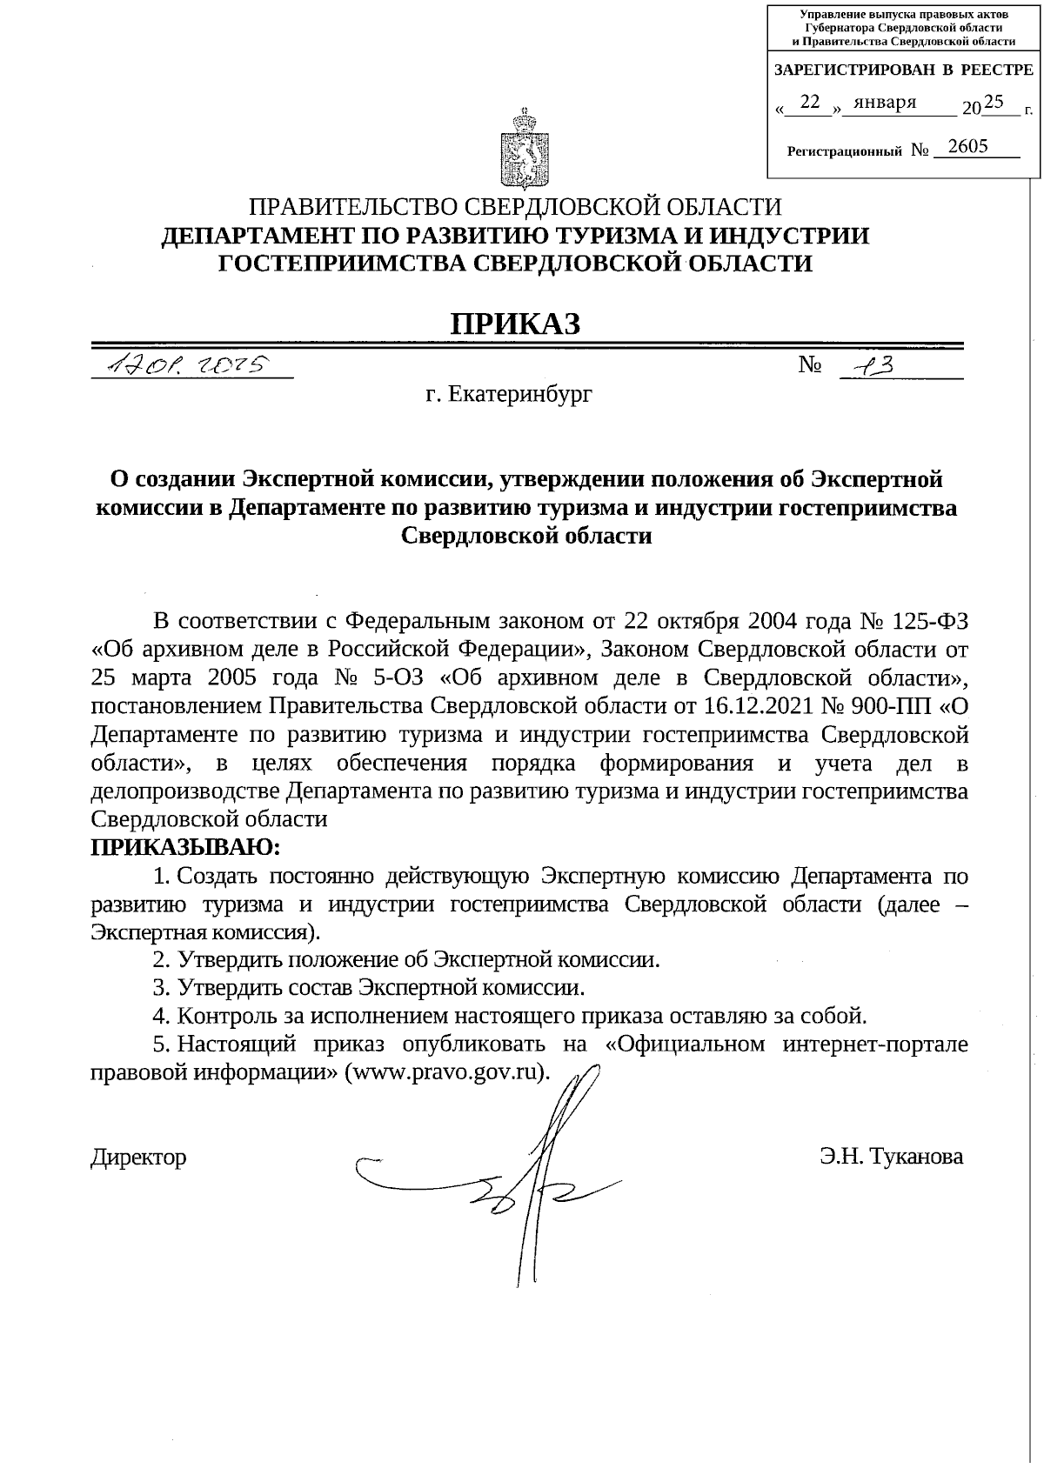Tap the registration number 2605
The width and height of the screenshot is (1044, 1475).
pyautogui.click(x=968, y=146)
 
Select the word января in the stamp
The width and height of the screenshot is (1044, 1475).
pyautogui.click(x=885, y=103)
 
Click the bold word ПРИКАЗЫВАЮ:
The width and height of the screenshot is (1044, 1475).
pyautogui.click(x=186, y=845)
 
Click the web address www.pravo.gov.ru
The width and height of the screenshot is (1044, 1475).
pyautogui.click(x=447, y=1071)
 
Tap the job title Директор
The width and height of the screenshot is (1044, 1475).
pyautogui.click(x=138, y=1157)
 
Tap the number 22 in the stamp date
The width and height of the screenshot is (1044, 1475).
pyautogui.click(x=810, y=103)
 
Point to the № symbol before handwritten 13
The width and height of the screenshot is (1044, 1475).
pyautogui.click(x=810, y=366)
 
